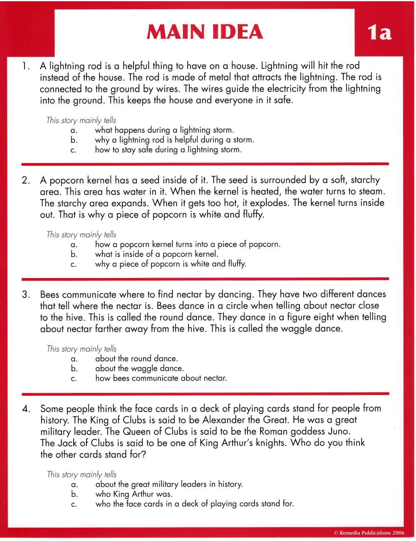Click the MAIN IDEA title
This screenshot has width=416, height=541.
[205, 32]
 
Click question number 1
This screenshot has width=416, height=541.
[26, 66]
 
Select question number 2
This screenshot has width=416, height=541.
[26, 181]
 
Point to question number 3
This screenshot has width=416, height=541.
[26, 295]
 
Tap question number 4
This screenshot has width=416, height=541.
[26, 409]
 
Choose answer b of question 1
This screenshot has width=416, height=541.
[174, 140]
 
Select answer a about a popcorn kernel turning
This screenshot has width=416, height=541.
[188, 244]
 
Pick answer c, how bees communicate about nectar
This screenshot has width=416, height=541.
[161, 378]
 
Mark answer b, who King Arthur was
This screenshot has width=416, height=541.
[134, 494]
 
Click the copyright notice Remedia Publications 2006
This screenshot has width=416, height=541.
[369, 533]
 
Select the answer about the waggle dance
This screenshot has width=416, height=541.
[139, 368]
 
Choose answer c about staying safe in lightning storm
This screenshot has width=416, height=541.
[168, 150]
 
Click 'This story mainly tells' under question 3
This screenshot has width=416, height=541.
[82, 349]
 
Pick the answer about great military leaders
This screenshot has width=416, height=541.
[169, 484]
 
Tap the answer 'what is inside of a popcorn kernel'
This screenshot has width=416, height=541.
[156, 254]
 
